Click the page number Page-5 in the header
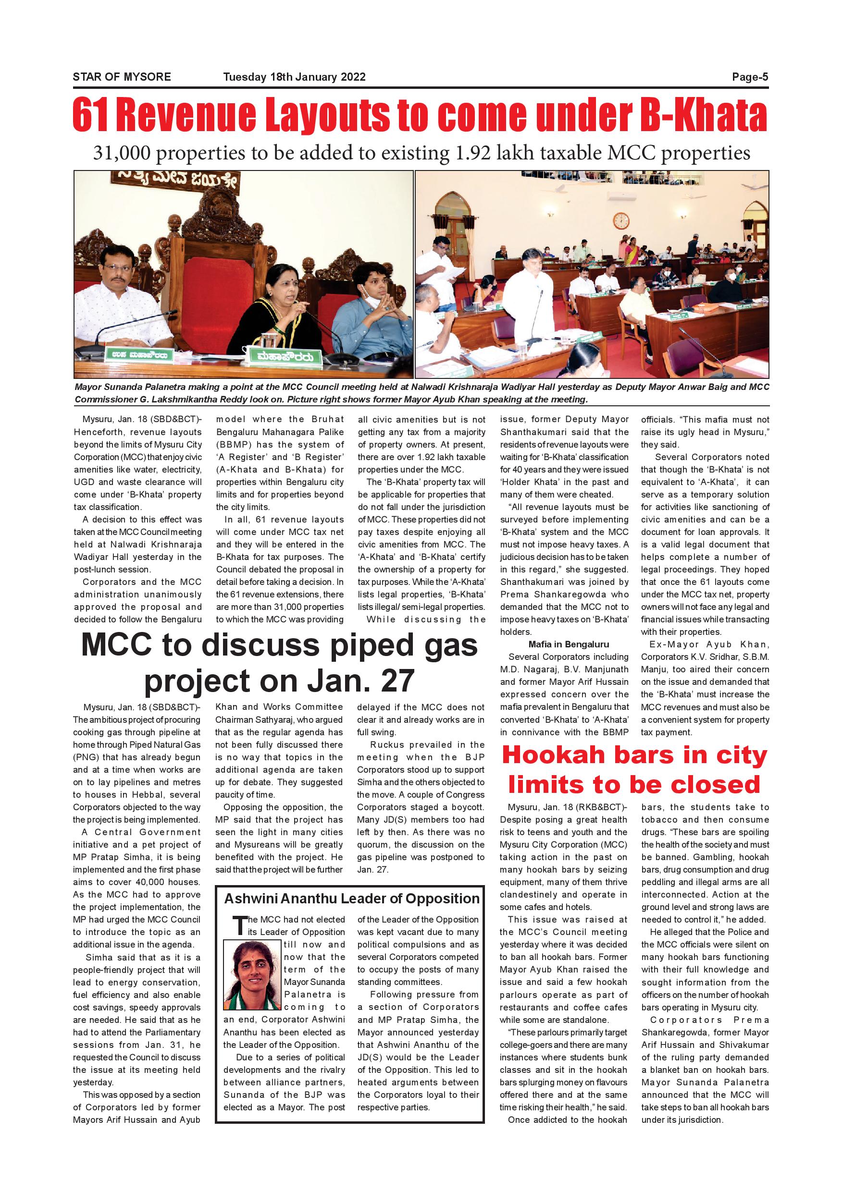point(750,77)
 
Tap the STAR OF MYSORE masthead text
point(122,77)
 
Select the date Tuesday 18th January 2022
point(294,77)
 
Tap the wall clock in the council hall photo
point(620,220)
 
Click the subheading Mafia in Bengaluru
point(569,644)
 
